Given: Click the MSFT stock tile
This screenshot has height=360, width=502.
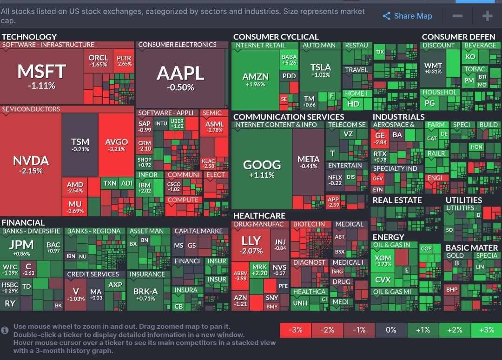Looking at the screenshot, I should point(42,75).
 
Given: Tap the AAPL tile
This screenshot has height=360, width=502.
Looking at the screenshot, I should point(180,77).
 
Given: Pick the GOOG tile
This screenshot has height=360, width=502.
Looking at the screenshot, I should point(262,168).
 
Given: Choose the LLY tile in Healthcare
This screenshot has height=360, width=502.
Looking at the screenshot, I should point(251,244).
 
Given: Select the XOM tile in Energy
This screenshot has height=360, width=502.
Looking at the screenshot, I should point(383,260).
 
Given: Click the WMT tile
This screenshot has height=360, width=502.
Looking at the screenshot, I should point(433,68).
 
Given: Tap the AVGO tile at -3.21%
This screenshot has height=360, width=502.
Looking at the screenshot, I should point(116,144).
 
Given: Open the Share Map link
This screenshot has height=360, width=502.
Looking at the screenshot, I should point(407,16).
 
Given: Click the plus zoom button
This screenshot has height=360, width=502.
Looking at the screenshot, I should point(487,16).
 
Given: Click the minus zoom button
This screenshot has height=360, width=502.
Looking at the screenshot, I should point(457,16).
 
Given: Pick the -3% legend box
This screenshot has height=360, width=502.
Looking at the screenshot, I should point(296,330).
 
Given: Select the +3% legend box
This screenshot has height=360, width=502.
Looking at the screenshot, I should point(486,330).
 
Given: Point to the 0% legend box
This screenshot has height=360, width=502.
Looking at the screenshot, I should point(391,330).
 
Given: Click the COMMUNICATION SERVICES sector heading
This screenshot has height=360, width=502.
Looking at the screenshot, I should point(288,117).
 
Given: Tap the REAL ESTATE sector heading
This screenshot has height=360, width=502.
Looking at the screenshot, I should point(397,200).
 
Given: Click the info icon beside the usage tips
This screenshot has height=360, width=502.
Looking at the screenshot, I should point(5,330).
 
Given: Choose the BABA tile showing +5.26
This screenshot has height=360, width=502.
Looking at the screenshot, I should point(289,60).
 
